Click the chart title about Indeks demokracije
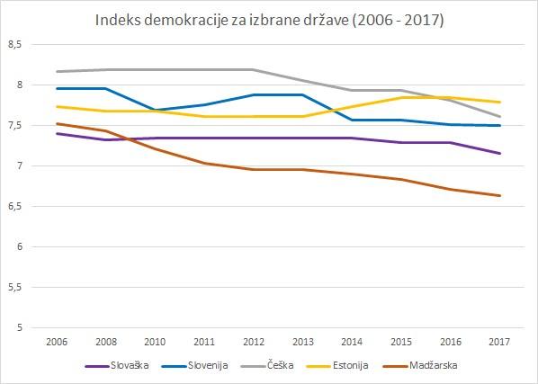pyautogui.click(x=269, y=20)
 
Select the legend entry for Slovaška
pyautogui.click(x=117, y=365)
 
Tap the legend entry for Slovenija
pyautogui.click(x=194, y=365)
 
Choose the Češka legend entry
pyautogui.click(x=267, y=365)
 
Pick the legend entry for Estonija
pyautogui.click(x=337, y=365)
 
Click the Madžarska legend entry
pyautogui.click(x=419, y=365)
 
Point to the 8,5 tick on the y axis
pyautogui.click(x=14, y=45)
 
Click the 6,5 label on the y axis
pyautogui.click(x=14, y=207)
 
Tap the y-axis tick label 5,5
pyautogui.click(x=14, y=288)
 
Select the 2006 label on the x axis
pyautogui.click(x=57, y=342)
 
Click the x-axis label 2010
pyautogui.click(x=155, y=342)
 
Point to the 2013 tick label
pyautogui.click(x=303, y=342)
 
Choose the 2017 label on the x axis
pyautogui.click(x=499, y=342)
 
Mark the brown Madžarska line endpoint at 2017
pyautogui.click(x=499, y=196)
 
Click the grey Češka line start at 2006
pyautogui.click(x=57, y=71)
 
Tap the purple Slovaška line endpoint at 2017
pyautogui.click(x=499, y=153)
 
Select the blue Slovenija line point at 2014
pyautogui.click(x=352, y=120)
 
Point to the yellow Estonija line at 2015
pyautogui.click(x=401, y=98)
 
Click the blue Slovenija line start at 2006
pyautogui.click(x=57, y=88)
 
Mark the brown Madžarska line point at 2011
pyautogui.click(x=204, y=163)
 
